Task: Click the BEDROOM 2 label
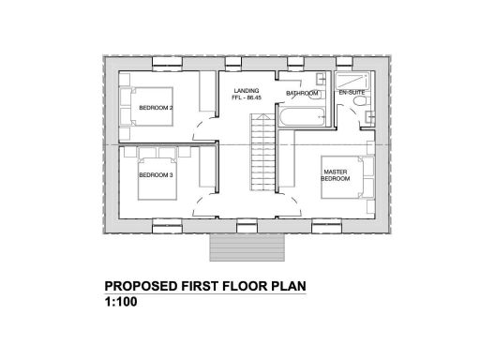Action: [155, 108]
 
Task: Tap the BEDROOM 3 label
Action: [156, 174]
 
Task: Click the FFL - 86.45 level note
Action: [247, 98]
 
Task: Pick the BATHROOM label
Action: [303, 94]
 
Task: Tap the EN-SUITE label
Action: [352, 94]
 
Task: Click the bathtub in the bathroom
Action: [300, 119]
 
